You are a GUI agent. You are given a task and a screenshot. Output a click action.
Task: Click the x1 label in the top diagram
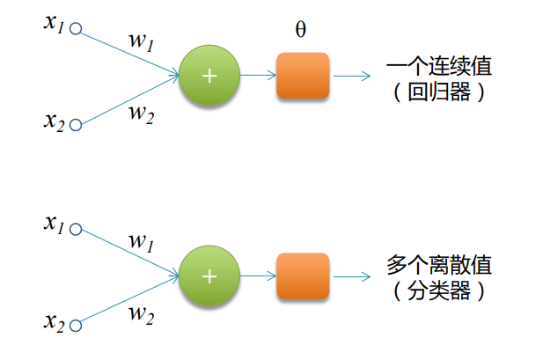(55, 24)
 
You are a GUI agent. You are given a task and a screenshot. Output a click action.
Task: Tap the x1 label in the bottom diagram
(55, 224)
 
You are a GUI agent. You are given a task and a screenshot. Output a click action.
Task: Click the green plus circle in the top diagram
(209, 76)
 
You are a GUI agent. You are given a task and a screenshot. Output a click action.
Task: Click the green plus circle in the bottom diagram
(209, 276)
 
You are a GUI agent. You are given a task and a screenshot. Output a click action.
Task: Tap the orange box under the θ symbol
(303, 76)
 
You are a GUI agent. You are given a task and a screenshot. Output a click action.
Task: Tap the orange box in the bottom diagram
(303, 276)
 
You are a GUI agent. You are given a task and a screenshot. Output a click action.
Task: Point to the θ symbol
(301, 30)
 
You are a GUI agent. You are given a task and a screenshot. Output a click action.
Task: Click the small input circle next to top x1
(76, 28)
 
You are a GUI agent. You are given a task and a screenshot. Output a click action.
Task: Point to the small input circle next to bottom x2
(76, 325)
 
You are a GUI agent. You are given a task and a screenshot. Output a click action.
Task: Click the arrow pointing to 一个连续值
(352, 76)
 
